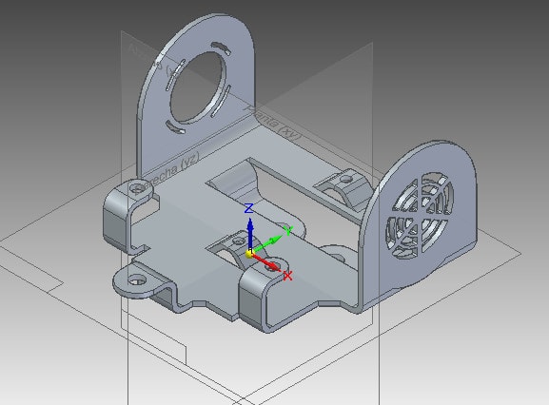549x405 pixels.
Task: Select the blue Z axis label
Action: (248, 207)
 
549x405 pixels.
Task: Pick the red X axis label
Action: (287, 276)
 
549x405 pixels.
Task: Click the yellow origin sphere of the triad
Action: (249, 254)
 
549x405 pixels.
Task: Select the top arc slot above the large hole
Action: (219, 46)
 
